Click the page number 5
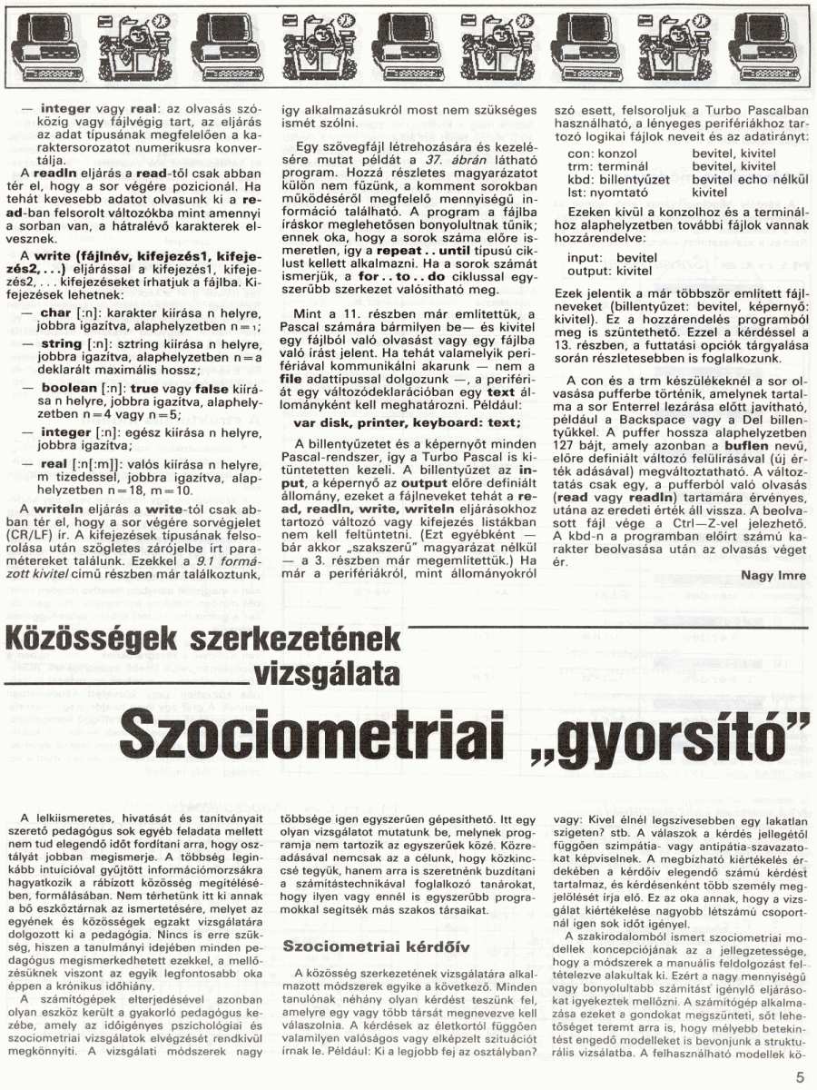pyautogui.click(x=800, y=1077)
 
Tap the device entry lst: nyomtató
pyautogui.click(x=607, y=193)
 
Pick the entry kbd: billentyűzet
pyautogui.click(x=617, y=180)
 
